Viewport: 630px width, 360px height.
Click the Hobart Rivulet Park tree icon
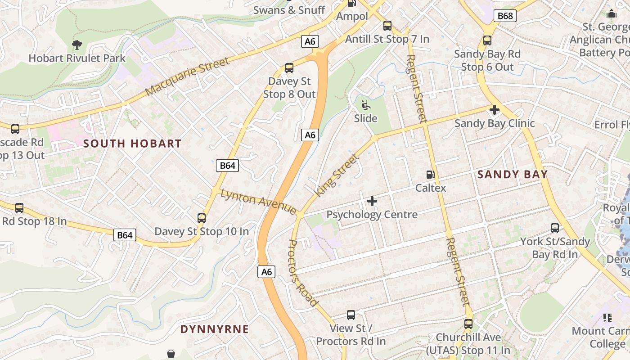click(77, 45)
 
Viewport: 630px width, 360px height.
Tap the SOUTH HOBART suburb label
click(132, 144)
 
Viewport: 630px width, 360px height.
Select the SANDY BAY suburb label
click(513, 175)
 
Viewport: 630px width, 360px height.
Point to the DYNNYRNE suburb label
click(215, 329)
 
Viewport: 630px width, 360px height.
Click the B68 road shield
click(505, 16)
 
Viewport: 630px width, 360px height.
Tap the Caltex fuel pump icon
click(431, 174)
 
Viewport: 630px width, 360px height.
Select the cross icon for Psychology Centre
click(372, 201)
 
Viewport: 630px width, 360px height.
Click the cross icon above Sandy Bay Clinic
click(495, 109)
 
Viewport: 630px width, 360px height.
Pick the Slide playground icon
click(365, 105)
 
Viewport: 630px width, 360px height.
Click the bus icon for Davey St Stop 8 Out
click(289, 68)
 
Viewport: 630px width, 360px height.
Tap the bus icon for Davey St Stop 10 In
click(202, 218)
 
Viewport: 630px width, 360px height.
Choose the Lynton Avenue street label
click(258, 201)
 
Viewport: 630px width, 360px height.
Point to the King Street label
click(337, 175)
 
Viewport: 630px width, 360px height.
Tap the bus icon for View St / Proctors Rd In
click(351, 315)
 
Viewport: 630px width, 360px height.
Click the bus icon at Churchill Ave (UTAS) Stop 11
click(468, 324)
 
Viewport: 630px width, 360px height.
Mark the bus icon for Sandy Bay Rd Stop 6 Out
click(487, 40)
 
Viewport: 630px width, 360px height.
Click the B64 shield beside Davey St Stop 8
click(227, 165)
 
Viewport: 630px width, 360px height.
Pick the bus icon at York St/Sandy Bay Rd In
click(555, 228)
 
